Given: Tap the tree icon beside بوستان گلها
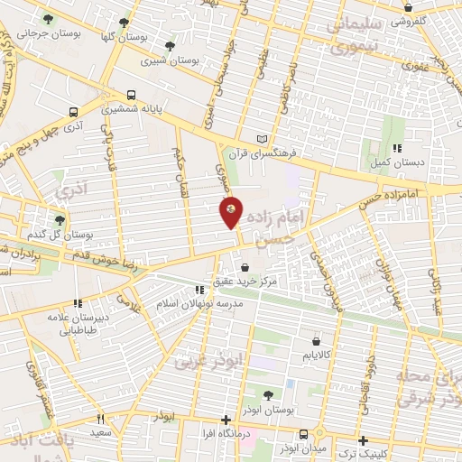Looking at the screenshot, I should click(124, 23).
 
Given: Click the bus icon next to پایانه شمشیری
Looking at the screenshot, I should click(132, 94).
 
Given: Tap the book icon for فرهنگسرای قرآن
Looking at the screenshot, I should click(263, 139).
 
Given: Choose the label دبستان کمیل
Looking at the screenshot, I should click(391, 162).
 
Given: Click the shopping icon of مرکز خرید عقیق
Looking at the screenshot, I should click(246, 267).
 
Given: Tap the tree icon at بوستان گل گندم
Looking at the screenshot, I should click(60, 219).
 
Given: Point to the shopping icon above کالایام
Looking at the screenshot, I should click(315, 340).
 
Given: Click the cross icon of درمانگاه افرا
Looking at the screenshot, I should click(226, 420).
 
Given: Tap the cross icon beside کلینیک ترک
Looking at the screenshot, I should click(362, 441).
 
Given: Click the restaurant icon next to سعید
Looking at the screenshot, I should click(101, 419).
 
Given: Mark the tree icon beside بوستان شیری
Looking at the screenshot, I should click(169, 46).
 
